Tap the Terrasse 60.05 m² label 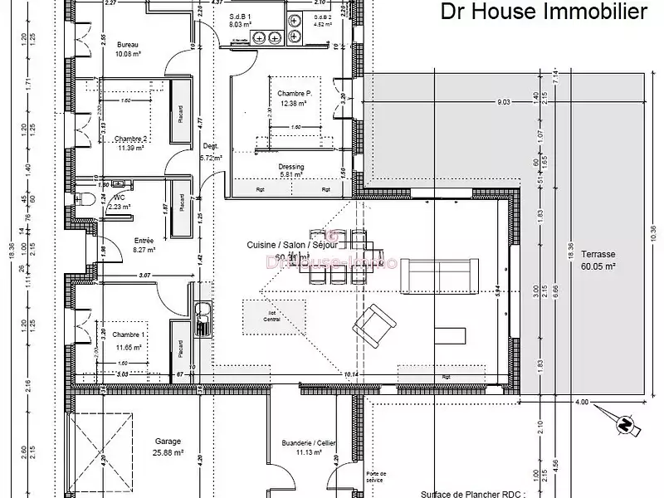coord(598,261)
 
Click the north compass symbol coord(622,424)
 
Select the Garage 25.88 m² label coord(168,447)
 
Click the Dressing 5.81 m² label coord(292,171)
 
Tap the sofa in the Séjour coord(435,277)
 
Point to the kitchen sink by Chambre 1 coord(201,319)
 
